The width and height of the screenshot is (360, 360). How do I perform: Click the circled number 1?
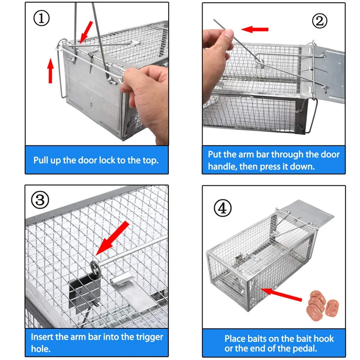click(41, 18)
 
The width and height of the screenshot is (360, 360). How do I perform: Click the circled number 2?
click(319, 21)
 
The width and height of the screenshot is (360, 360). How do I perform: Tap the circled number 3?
click(40, 200)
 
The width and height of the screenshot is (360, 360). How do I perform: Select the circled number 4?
click(222, 208)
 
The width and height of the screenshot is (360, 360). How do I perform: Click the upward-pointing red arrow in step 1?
click(50, 71)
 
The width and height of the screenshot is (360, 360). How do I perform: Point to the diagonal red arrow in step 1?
click(86, 31)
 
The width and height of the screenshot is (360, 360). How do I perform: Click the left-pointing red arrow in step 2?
click(255, 29)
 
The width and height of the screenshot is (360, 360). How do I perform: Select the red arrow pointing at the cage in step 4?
click(281, 294)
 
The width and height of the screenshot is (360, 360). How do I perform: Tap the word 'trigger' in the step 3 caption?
click(149, 337)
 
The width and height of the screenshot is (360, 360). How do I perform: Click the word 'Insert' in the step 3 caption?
click(42, 337)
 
